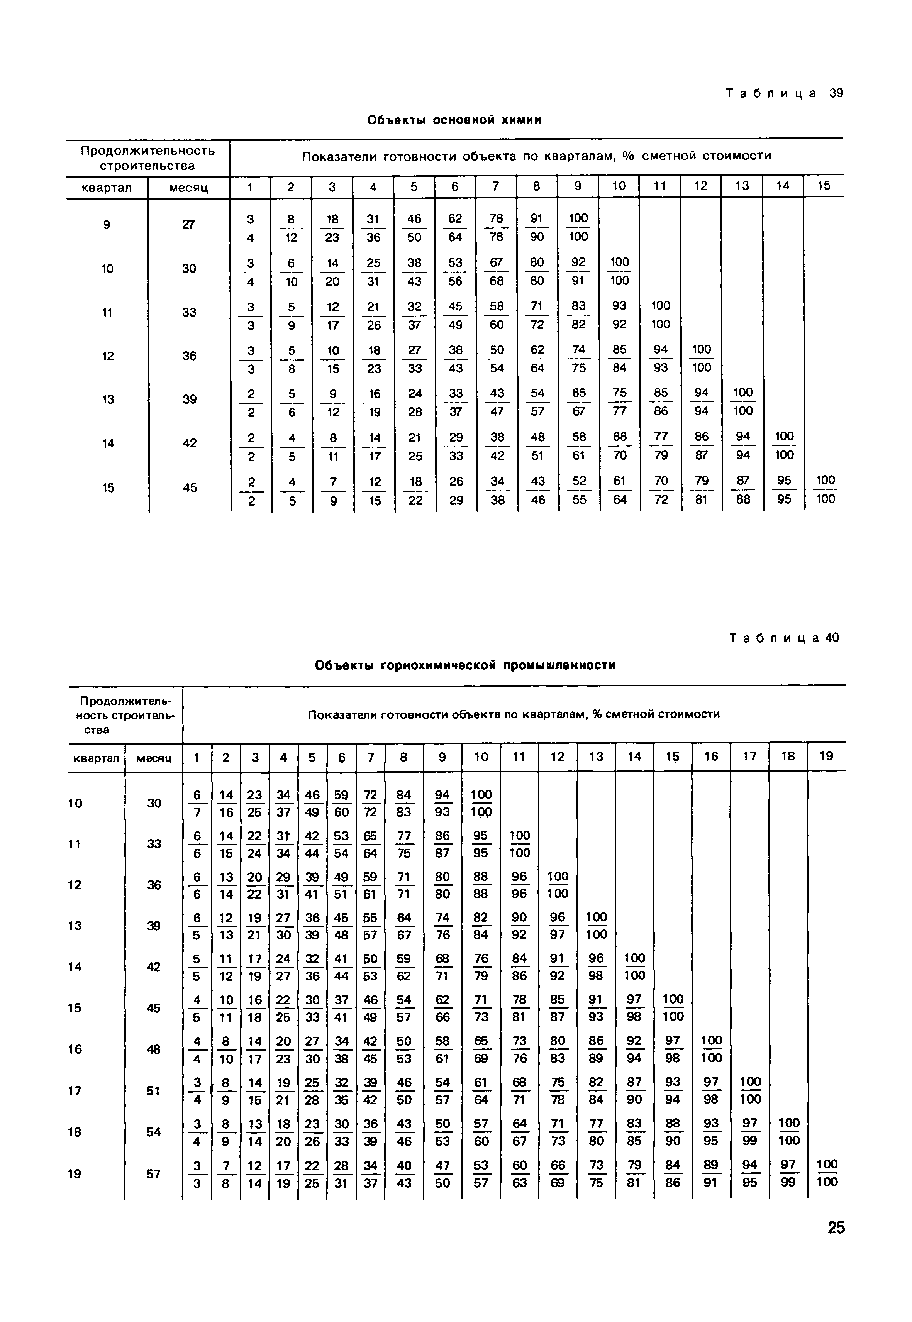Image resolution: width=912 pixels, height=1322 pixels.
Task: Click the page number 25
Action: tap(836, 1227)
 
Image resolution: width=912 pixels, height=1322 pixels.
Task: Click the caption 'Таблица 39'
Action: tap(784, 93)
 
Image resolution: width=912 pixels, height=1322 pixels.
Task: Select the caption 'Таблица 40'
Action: tap(784, 638)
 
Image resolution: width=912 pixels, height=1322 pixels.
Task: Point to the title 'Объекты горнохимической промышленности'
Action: tap(465, 665)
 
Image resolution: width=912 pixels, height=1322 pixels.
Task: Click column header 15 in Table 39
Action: tap(824, 186)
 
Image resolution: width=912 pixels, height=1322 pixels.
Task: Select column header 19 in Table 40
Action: tap(826, 757)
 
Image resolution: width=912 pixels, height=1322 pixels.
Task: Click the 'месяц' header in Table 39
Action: tap(188, 187)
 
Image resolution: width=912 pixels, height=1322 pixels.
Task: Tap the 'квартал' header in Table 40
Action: tap(96, 758)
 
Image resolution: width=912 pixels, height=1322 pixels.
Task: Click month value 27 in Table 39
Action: tap(188, 225)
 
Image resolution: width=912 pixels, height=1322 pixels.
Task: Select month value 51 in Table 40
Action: tap(153, 1091)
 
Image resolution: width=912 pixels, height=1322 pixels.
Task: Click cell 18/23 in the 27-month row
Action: tap(332, 227)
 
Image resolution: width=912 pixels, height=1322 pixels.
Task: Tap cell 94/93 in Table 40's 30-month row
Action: tap(442, 803)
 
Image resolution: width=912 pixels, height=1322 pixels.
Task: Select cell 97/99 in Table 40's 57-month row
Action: tap(788, 1173)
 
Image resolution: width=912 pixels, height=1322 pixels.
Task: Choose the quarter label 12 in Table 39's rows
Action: tap(107, 356)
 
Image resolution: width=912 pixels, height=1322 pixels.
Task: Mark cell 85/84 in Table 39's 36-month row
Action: tap(619, 358)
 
